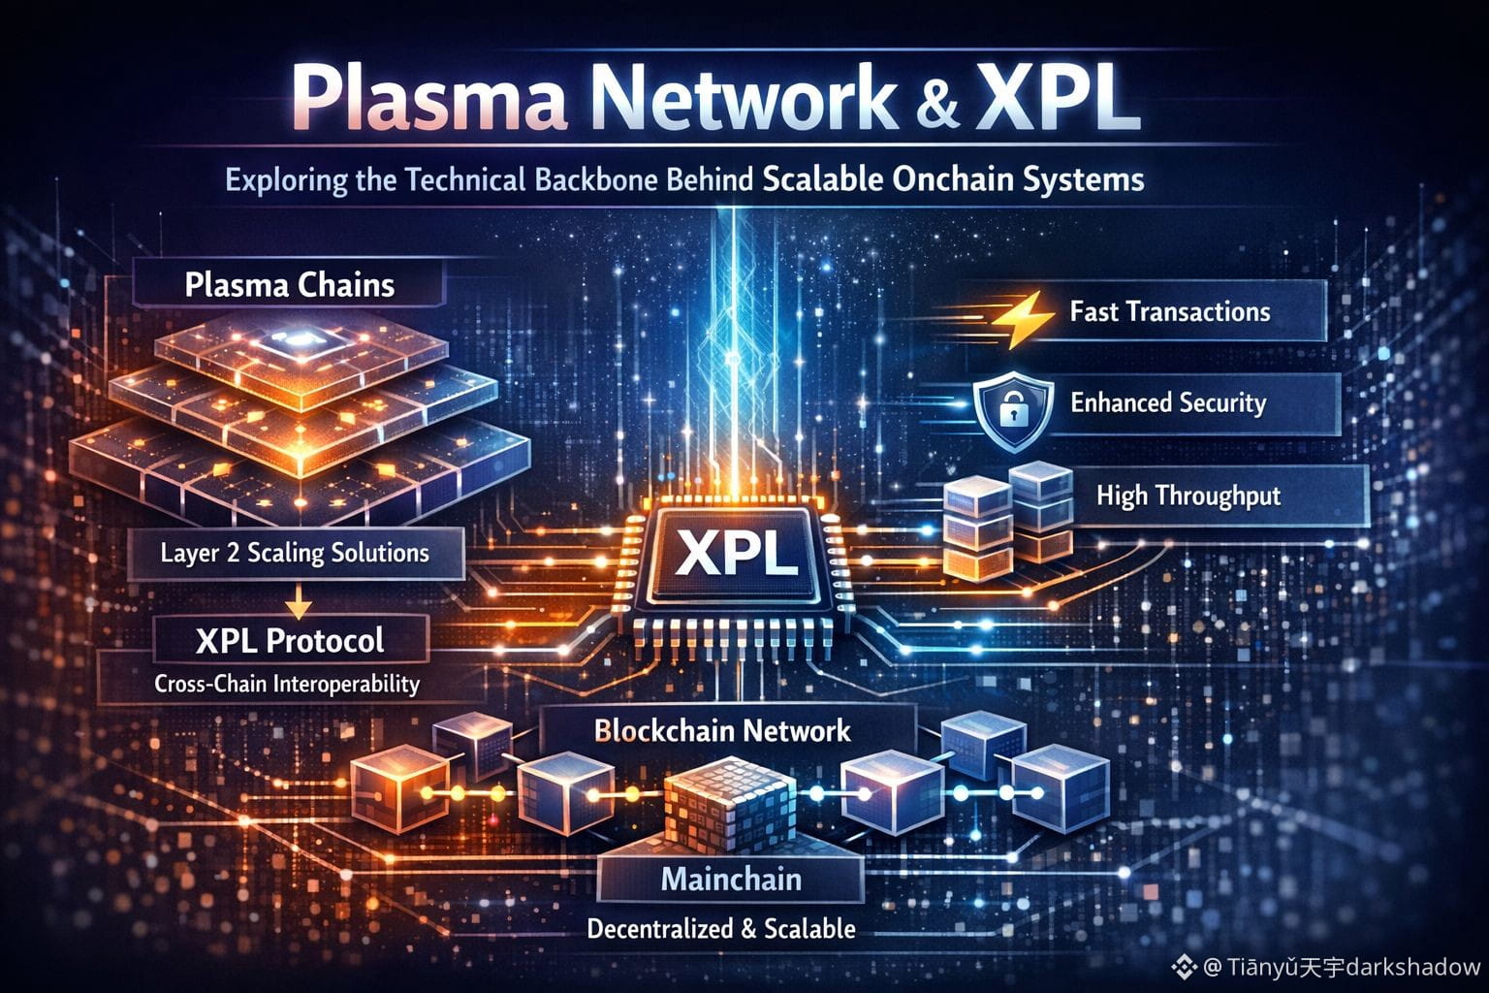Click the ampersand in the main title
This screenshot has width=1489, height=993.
pos(936,102)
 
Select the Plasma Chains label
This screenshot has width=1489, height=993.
pos(289,285)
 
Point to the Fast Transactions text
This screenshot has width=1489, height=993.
pos(1169,311)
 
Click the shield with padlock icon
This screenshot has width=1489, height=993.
pos(1012,408)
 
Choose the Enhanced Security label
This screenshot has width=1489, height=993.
pos(1168,402)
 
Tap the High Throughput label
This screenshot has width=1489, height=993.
pos(1188,496)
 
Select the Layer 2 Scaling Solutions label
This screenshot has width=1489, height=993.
pos(295,553)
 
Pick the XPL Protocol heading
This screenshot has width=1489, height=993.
pos(289,640)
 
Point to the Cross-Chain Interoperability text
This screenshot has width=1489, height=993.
pos(287,684)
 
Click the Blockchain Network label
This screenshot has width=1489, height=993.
pos(722,730)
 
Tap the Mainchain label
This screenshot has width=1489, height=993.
pos(731,880)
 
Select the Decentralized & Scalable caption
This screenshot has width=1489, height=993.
pos(721,929)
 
